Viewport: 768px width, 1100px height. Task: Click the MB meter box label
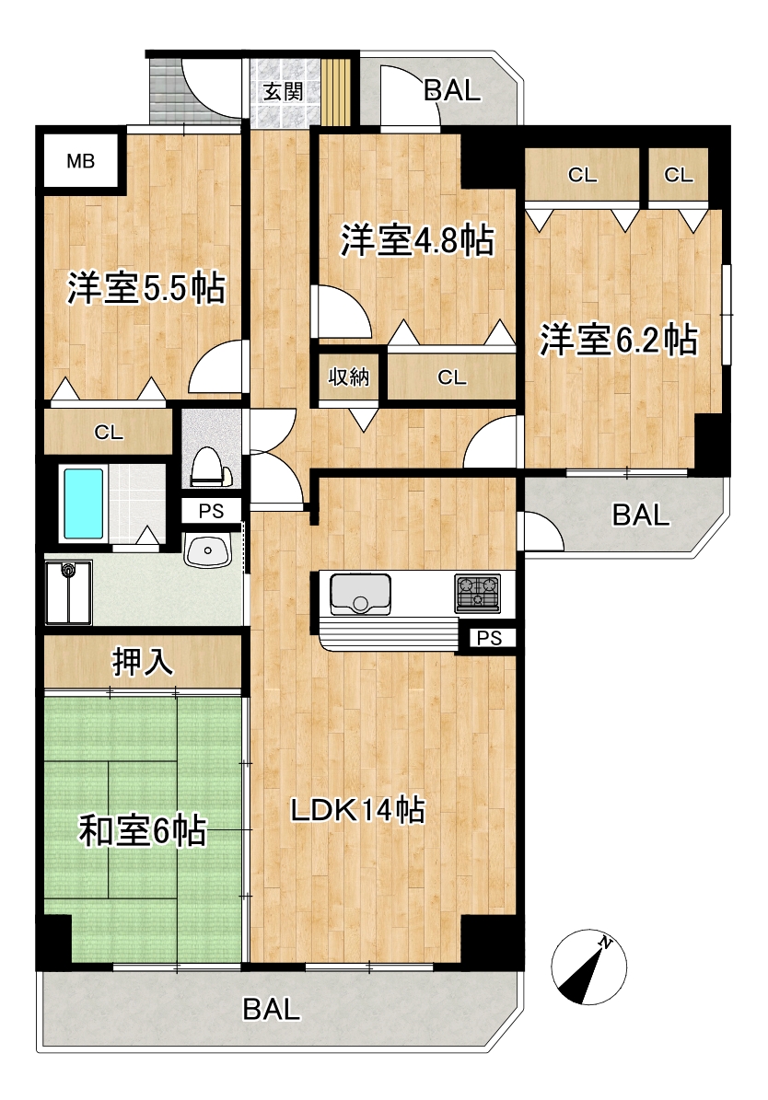[81, 161]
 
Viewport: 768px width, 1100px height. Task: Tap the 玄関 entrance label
[283, 92]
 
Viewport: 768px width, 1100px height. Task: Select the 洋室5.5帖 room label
[146, 287]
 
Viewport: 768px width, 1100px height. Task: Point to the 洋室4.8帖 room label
[417, 240]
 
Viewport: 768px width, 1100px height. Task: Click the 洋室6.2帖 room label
[618, 340]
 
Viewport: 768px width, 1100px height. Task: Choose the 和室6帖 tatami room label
[142, 830]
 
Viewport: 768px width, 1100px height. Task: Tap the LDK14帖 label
[358, 809]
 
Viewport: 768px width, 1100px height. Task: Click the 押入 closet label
[143, 662]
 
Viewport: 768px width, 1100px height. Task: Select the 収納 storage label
[349, 376]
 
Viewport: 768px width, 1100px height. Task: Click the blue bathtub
[84, 504]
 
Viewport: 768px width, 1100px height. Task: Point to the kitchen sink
[360, 594]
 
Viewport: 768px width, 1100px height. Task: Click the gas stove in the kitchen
[477, 594]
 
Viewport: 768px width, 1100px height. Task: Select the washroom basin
[208, 550]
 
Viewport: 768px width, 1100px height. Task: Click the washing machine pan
[69, 592]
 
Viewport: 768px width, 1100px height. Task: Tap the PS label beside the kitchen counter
[489, 638]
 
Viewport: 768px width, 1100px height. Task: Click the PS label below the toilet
[211, 512]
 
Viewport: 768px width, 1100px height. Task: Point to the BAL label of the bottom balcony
[271, 1010]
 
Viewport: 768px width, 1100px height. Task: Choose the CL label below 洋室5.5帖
[109, 432]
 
